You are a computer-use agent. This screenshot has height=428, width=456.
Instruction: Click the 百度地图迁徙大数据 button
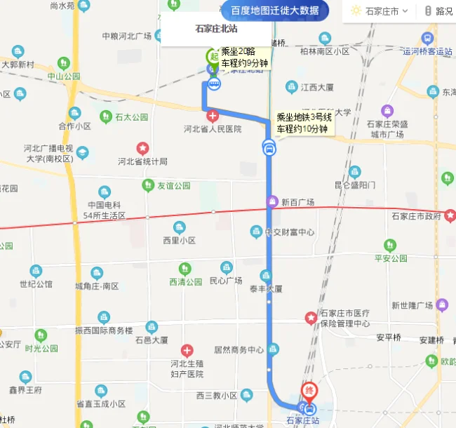coord(275,11)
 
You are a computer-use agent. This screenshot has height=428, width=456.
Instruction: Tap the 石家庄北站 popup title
coord(215,29)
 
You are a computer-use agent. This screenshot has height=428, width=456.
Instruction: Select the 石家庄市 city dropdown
coord(375,11)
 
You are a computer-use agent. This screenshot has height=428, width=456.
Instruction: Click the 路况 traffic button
coord(438,11)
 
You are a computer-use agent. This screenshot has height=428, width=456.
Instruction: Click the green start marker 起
coord(212,56)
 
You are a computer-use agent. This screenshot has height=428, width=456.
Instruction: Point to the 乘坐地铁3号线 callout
coord(304,123)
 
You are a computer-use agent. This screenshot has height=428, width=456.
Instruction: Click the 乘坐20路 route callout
coord(243,57)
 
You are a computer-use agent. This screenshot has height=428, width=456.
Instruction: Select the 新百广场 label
coord(297,202)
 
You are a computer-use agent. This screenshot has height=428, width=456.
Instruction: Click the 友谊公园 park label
coord(173,186)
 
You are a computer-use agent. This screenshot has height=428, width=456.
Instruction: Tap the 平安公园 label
coord(391,258)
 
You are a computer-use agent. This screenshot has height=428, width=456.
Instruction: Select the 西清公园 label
coord(186,281)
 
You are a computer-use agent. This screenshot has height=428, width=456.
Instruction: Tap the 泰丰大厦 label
coord(265,288)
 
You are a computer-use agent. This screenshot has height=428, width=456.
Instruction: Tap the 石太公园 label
coord(132,117)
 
